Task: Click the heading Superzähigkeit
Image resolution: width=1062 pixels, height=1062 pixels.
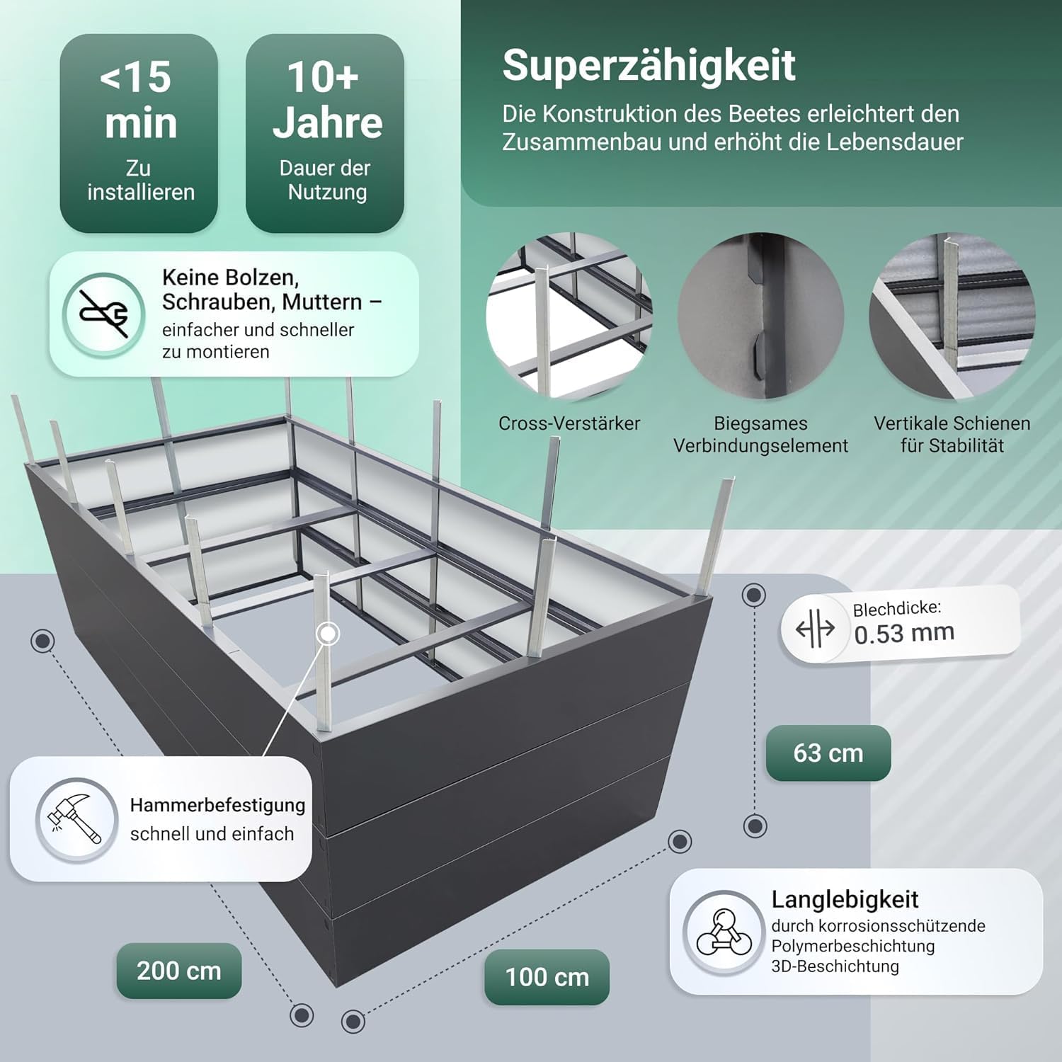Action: point(649,66)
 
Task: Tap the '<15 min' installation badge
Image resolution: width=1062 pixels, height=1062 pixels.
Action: point(139,133)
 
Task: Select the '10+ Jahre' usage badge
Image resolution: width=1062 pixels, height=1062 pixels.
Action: point(325,133)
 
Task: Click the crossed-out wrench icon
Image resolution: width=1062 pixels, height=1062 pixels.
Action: point(104,314)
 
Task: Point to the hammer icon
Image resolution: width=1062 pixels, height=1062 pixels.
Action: point(76,820)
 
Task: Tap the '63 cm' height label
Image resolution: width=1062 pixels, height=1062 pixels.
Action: point(828,753)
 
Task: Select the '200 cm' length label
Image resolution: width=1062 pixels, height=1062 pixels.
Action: point(179,971)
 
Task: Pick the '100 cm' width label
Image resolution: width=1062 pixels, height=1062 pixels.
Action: point(547,977)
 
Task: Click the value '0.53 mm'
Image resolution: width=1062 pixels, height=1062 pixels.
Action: point(905,633)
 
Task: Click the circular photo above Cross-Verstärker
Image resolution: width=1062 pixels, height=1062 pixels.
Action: point(569,316)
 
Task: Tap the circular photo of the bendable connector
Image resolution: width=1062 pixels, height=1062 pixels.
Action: point(761,316)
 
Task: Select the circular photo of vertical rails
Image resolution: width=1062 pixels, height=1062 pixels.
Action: point(952,316)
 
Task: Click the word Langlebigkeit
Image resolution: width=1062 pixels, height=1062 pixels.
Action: point(845,900)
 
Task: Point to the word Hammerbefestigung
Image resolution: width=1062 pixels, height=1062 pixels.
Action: point(218,806)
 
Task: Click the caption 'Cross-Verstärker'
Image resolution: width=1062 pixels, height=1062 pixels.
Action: point(569,423)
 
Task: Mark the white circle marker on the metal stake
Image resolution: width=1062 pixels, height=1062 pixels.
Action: point(329,633)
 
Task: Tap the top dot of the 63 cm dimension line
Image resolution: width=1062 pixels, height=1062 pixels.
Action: point(755,595)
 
